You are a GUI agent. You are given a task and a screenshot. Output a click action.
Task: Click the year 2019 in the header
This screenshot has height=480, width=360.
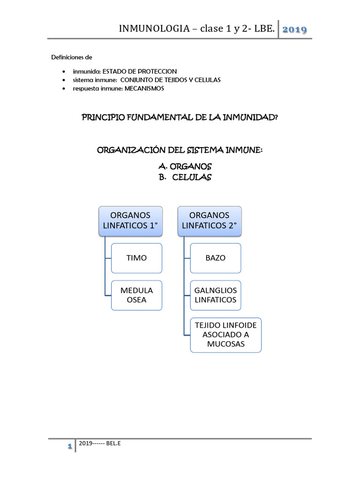294,30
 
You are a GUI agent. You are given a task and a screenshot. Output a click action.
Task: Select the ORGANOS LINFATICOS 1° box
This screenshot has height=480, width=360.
130,220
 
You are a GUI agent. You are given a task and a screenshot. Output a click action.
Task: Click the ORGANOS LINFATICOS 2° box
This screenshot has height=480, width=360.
209,220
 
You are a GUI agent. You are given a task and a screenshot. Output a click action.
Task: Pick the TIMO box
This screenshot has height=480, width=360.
136,258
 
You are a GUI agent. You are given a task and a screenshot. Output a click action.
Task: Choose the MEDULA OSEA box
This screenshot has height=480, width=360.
136,295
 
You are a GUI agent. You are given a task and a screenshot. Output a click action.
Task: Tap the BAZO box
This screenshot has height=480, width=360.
216,258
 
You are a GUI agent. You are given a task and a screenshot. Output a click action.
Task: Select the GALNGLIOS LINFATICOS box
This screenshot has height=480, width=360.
216,295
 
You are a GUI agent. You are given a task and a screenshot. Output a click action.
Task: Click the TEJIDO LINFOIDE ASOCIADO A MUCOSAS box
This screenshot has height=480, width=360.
225,335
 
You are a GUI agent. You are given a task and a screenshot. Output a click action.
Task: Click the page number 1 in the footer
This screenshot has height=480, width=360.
69,447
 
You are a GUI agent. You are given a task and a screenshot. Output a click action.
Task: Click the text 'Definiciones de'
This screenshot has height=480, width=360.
72,57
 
